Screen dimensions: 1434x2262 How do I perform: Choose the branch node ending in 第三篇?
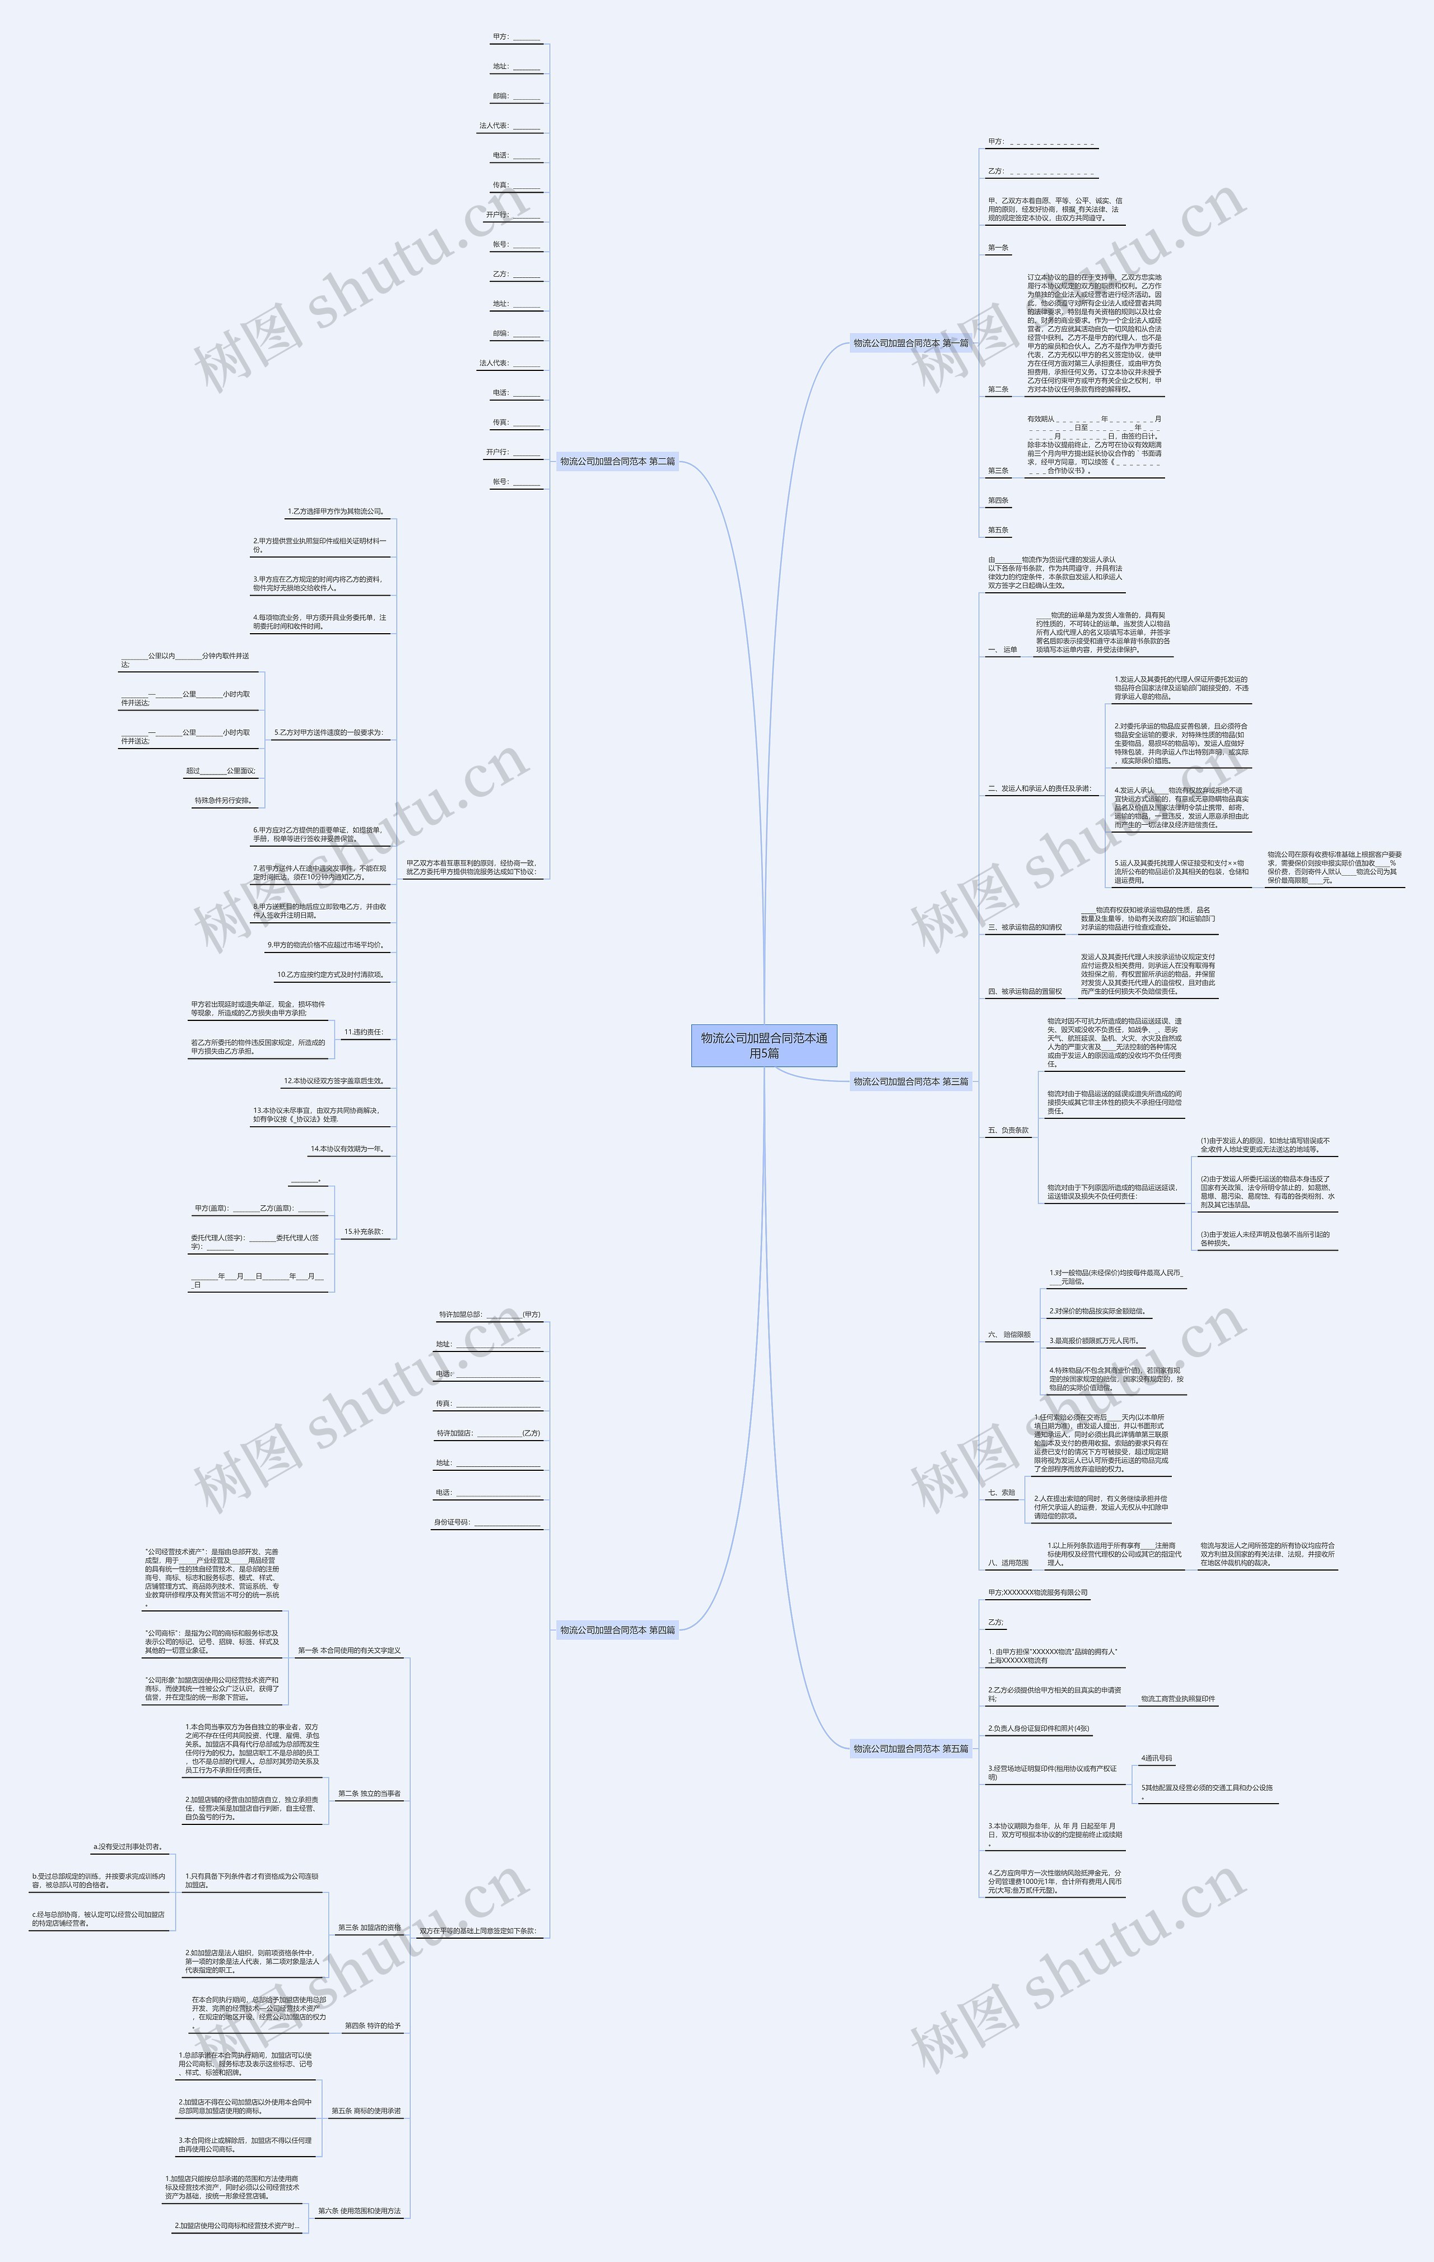coord(910,1081)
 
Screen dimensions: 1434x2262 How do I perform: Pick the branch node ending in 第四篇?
coord(617,1630)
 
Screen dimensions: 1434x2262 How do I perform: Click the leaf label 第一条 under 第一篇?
coord(998,248)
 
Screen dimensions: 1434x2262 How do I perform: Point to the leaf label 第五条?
coord(998,530)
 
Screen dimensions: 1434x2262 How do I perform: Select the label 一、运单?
coord(1002,649)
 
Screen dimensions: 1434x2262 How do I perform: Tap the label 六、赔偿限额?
coord(1009,1334)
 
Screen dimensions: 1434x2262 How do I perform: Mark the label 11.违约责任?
coord(364,1032)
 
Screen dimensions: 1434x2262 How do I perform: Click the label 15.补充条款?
coord(364,1232)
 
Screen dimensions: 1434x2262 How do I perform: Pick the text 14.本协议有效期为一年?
coord(347,1149)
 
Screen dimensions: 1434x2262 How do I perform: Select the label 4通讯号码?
coord(1156,1758)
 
